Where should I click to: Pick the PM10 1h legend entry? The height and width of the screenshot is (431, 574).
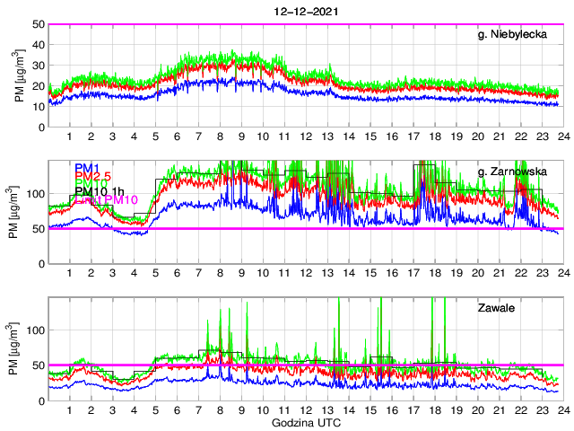click(x=99, y=190)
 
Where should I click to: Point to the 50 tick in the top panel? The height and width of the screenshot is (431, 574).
click(x=39, y=24)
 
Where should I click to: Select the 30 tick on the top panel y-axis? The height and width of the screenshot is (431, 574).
click(x=39, y=66)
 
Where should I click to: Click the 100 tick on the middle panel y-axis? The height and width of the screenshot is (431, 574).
click(x=36, y=193)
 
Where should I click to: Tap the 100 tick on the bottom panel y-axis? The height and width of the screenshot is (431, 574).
click(x=36, y=330)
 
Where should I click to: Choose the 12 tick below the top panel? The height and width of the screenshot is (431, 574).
click(x=306, y=136)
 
